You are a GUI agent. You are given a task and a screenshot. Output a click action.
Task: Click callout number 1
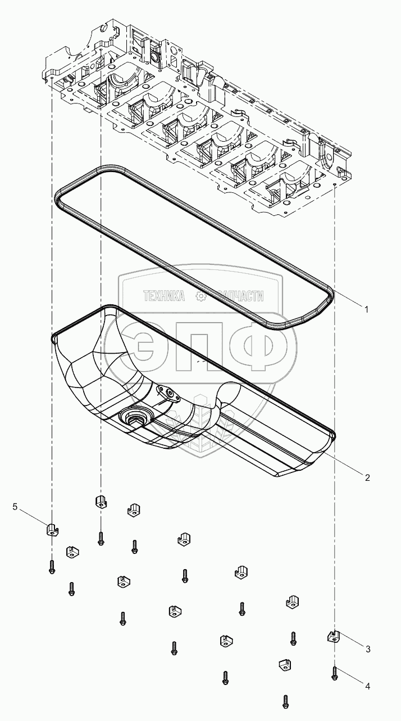point(366,309)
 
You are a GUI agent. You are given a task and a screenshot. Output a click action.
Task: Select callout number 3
point(368,648)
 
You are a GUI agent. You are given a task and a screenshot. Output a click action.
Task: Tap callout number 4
point(368,686)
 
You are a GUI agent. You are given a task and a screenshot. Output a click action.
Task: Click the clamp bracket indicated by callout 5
point(52,529)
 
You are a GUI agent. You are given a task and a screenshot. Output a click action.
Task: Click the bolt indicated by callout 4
point(334,673)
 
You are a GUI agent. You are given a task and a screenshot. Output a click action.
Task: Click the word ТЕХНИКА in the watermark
point(164,296)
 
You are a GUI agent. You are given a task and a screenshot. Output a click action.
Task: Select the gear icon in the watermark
point(198,296)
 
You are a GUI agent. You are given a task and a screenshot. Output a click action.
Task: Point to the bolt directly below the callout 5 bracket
point(51,566)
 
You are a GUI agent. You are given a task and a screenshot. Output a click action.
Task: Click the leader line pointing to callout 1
point(345,298)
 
